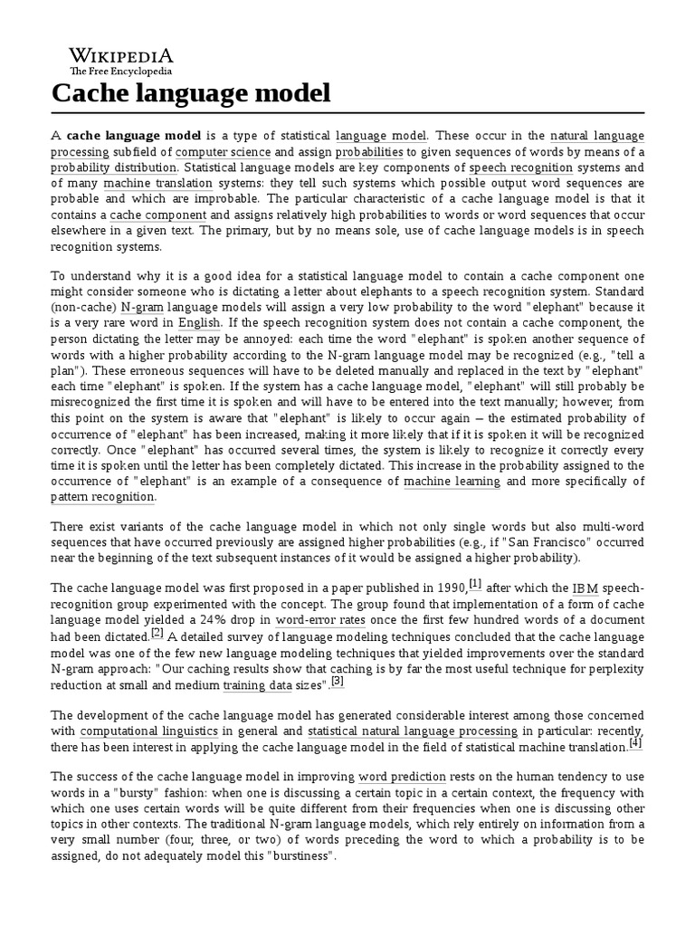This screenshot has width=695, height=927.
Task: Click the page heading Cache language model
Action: coord(190,92)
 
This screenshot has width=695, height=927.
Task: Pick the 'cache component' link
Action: coord(158,215)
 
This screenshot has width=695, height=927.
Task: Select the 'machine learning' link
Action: coord(452,482)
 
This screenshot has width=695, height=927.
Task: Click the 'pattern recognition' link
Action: coord(102,497)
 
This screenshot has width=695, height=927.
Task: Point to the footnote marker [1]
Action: coord(475,583)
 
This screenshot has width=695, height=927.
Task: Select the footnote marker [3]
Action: coord(338,681)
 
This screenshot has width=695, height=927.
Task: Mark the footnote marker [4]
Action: coord(635,742)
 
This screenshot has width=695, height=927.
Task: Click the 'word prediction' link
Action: coord(402,777)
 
